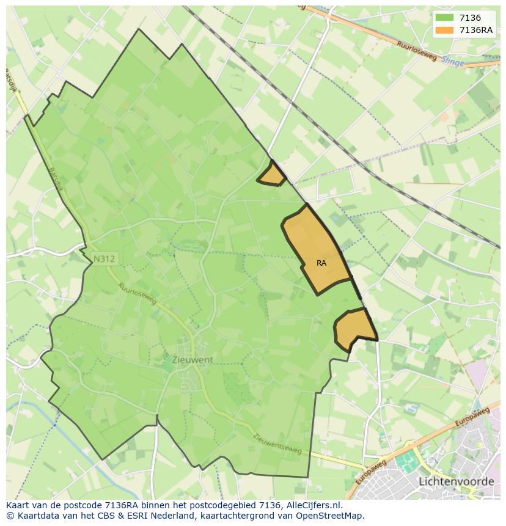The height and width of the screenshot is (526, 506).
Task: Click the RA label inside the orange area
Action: pyautogui.click(x=321, y=263)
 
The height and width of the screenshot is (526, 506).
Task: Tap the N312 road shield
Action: pyautogui.click(x=104, y=259)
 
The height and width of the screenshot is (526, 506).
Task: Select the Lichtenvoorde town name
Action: pyautogui.click(x=457, y=481)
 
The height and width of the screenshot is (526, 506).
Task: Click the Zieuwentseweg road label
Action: pyautogui.click(x=277, y=444)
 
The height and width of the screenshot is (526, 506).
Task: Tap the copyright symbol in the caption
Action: pyautogui.click(x=10, y=516)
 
